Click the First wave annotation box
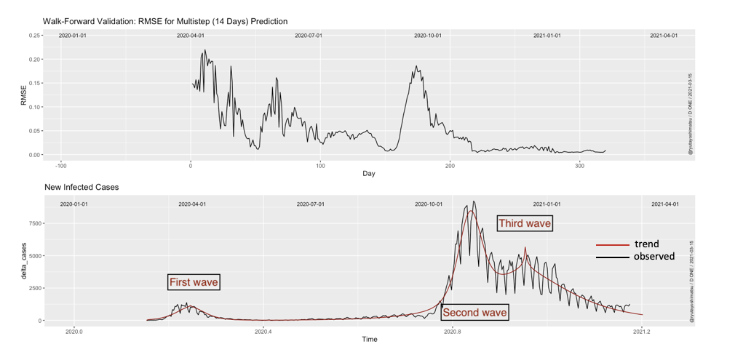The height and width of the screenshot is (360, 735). pyautogui.click(x=194, y=282)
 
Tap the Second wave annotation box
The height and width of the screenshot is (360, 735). pyautogui.click(x=474, y=313)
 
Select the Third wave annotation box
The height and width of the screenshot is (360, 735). pyautogui.click(x=525, y=223)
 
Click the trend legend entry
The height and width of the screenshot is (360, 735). pyautogui.click(x=646, y=244)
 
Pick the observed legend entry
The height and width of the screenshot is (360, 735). pyautogui.click(x=653, y=257)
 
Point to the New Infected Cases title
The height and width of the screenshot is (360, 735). pyautogui.click(x=82, y=187)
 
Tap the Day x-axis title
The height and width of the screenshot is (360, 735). pyautogui.click(x=369, y=173)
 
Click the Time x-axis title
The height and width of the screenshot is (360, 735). pyautogui.click(x=369, y=339)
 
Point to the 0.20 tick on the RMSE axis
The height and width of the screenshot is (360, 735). pyautogui.click(x=34, y=60)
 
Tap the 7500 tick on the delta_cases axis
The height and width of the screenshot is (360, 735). pyautogui.click(x=32, y=223)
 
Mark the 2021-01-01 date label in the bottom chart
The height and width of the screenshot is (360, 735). pyautogui.click(x=547, y=204)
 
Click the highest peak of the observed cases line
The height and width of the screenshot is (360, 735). pyautogui.click(x=474, y=202)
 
